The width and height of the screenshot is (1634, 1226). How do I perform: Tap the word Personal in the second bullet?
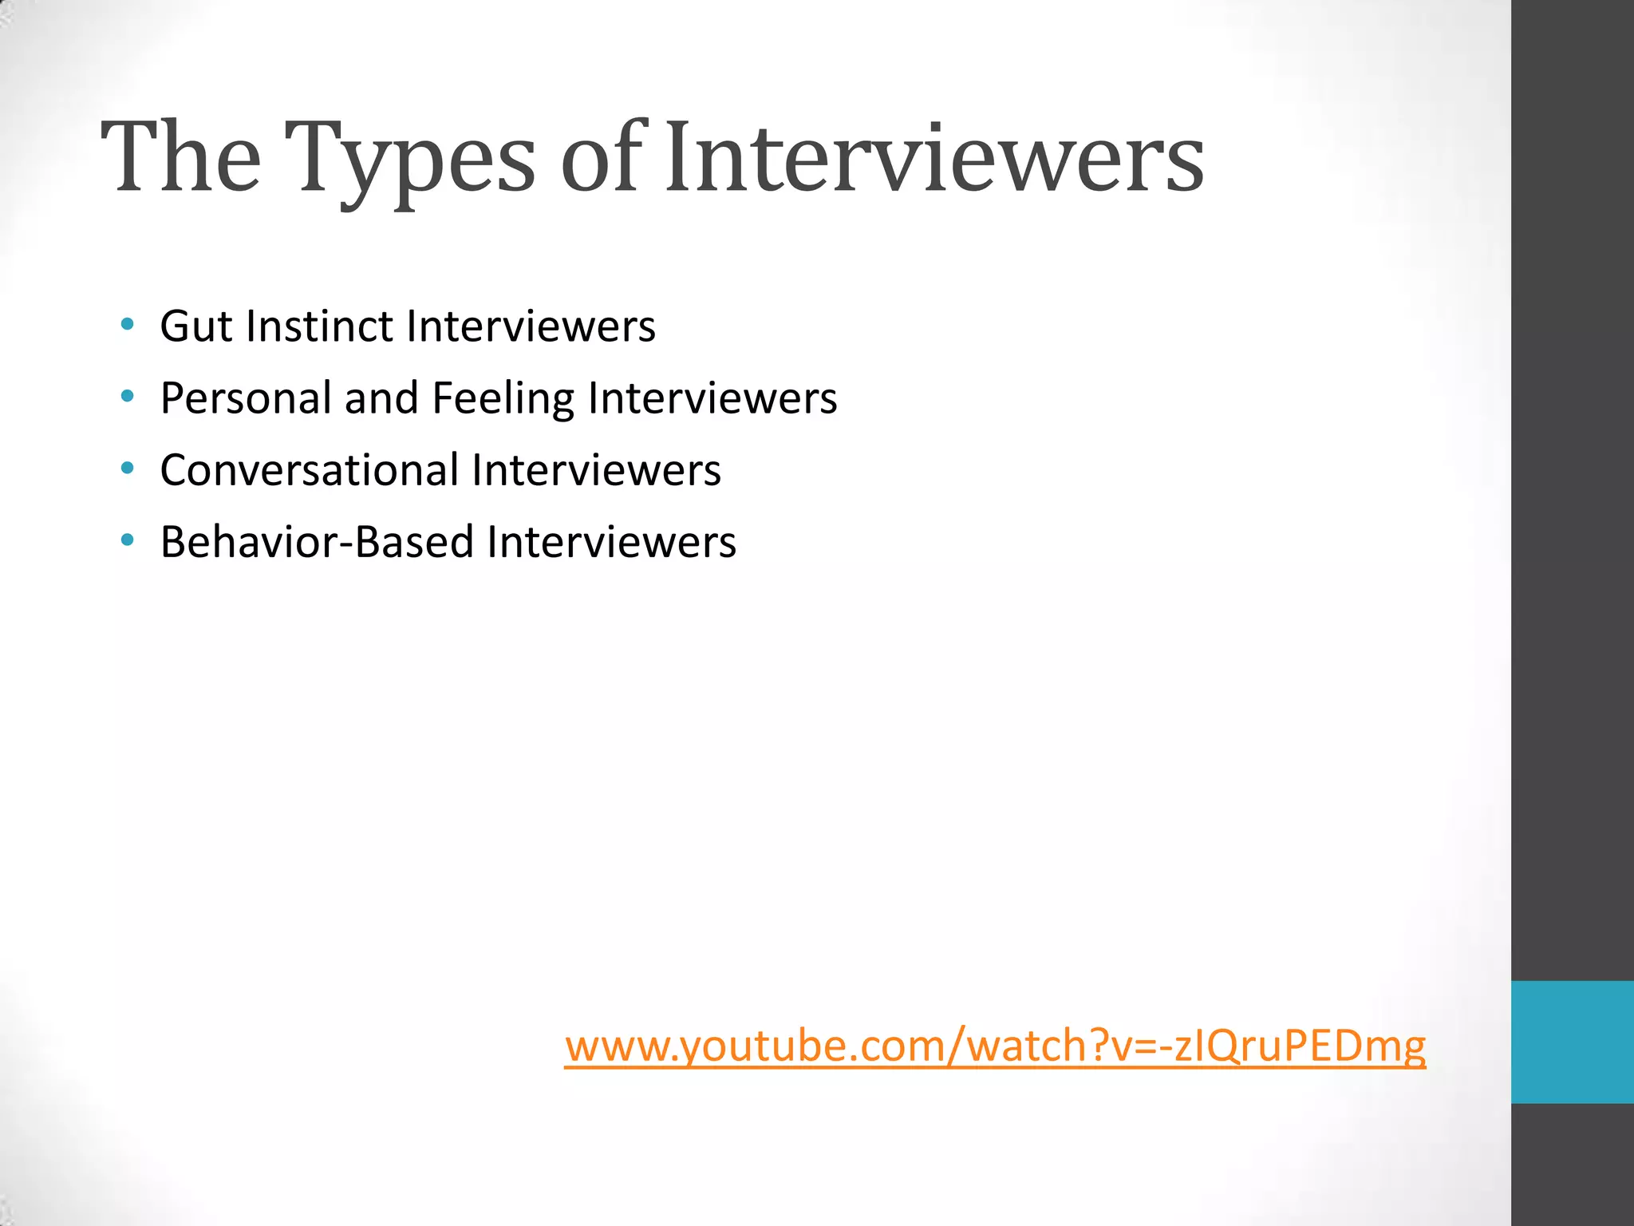click(245, 397)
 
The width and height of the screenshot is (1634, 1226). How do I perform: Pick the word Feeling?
click(503, 399)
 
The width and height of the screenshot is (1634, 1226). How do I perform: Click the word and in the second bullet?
click(381, 397)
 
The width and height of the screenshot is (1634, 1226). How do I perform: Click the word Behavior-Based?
click(317, 542)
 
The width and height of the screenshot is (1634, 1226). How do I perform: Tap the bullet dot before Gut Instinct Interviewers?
click(127, 325)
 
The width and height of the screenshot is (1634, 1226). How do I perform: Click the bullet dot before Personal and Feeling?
click(127, 397)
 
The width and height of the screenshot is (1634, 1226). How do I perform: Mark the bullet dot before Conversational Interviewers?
click(127, 469)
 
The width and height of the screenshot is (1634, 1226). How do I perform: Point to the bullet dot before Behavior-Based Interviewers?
click(127, 540)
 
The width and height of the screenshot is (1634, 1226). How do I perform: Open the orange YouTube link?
click(994, 1046)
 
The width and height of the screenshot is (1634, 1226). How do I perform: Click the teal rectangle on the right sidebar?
click(1572, 1042)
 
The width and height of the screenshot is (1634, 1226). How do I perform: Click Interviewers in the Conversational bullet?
click(596, 469)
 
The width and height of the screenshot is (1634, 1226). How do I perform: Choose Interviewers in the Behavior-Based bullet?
click(611, 542)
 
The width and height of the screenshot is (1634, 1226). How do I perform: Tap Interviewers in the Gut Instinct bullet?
click(531, 326)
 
